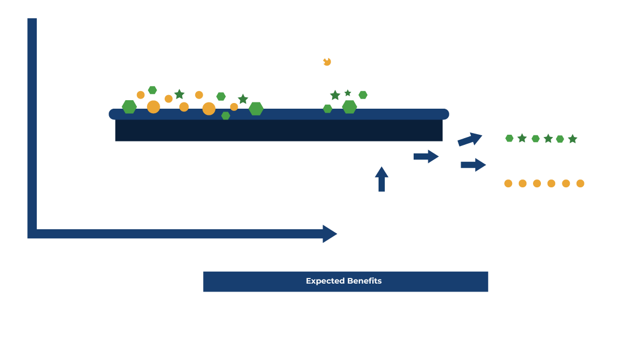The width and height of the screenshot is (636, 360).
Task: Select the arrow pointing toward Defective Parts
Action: pos(474,165)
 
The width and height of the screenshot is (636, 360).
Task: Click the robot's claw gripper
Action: pos(321,55)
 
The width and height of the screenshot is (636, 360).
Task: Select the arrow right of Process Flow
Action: pos(427,156)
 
